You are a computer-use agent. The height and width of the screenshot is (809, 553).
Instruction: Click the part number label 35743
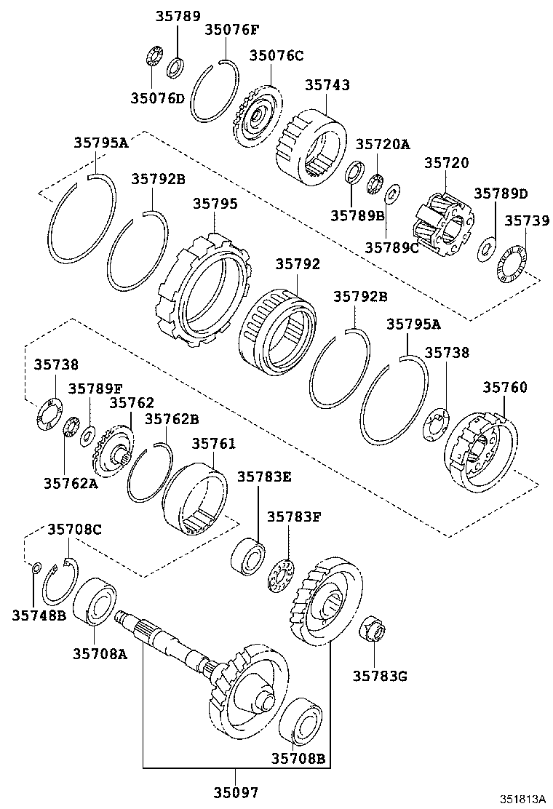[x=327, y=85]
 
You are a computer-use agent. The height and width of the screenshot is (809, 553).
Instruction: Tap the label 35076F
[x=231, y=30]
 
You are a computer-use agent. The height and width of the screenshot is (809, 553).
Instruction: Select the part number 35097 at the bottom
[x=236, y=792]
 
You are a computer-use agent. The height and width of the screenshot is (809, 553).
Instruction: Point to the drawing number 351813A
[x=522, y=798]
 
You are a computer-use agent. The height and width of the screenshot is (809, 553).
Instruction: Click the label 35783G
[x=380, y=676]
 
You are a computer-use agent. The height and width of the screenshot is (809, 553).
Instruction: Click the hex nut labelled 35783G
[x=373, y=629]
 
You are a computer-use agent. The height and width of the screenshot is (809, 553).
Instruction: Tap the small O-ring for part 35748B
[x=35, y=567]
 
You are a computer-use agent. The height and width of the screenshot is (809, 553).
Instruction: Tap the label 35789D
[x=501, y=194]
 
